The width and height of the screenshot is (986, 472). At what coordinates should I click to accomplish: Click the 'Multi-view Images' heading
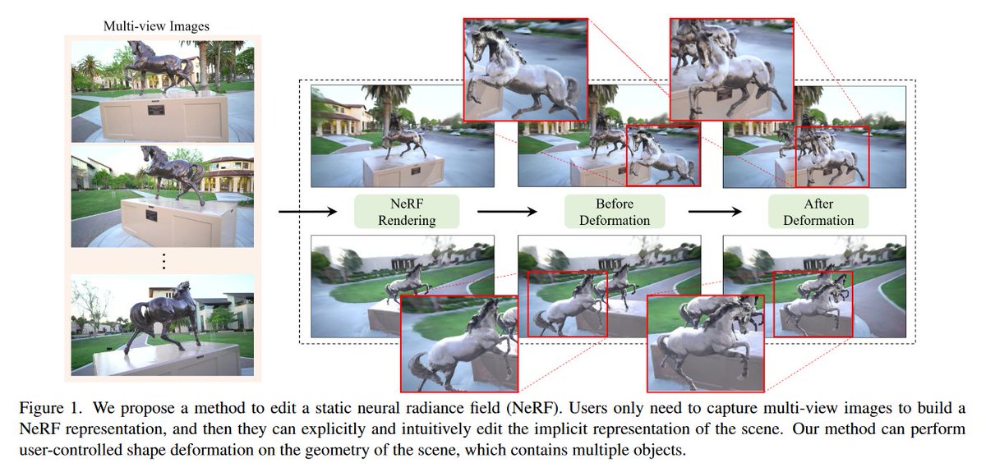point(156,26)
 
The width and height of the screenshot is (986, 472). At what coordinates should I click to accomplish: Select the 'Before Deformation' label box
point(608,212)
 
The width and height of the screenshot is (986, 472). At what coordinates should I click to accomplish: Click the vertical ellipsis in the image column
point(163,261)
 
